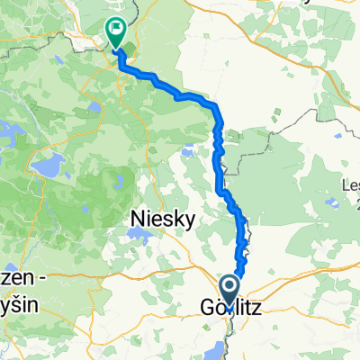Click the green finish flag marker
116,32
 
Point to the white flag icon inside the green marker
116,29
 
